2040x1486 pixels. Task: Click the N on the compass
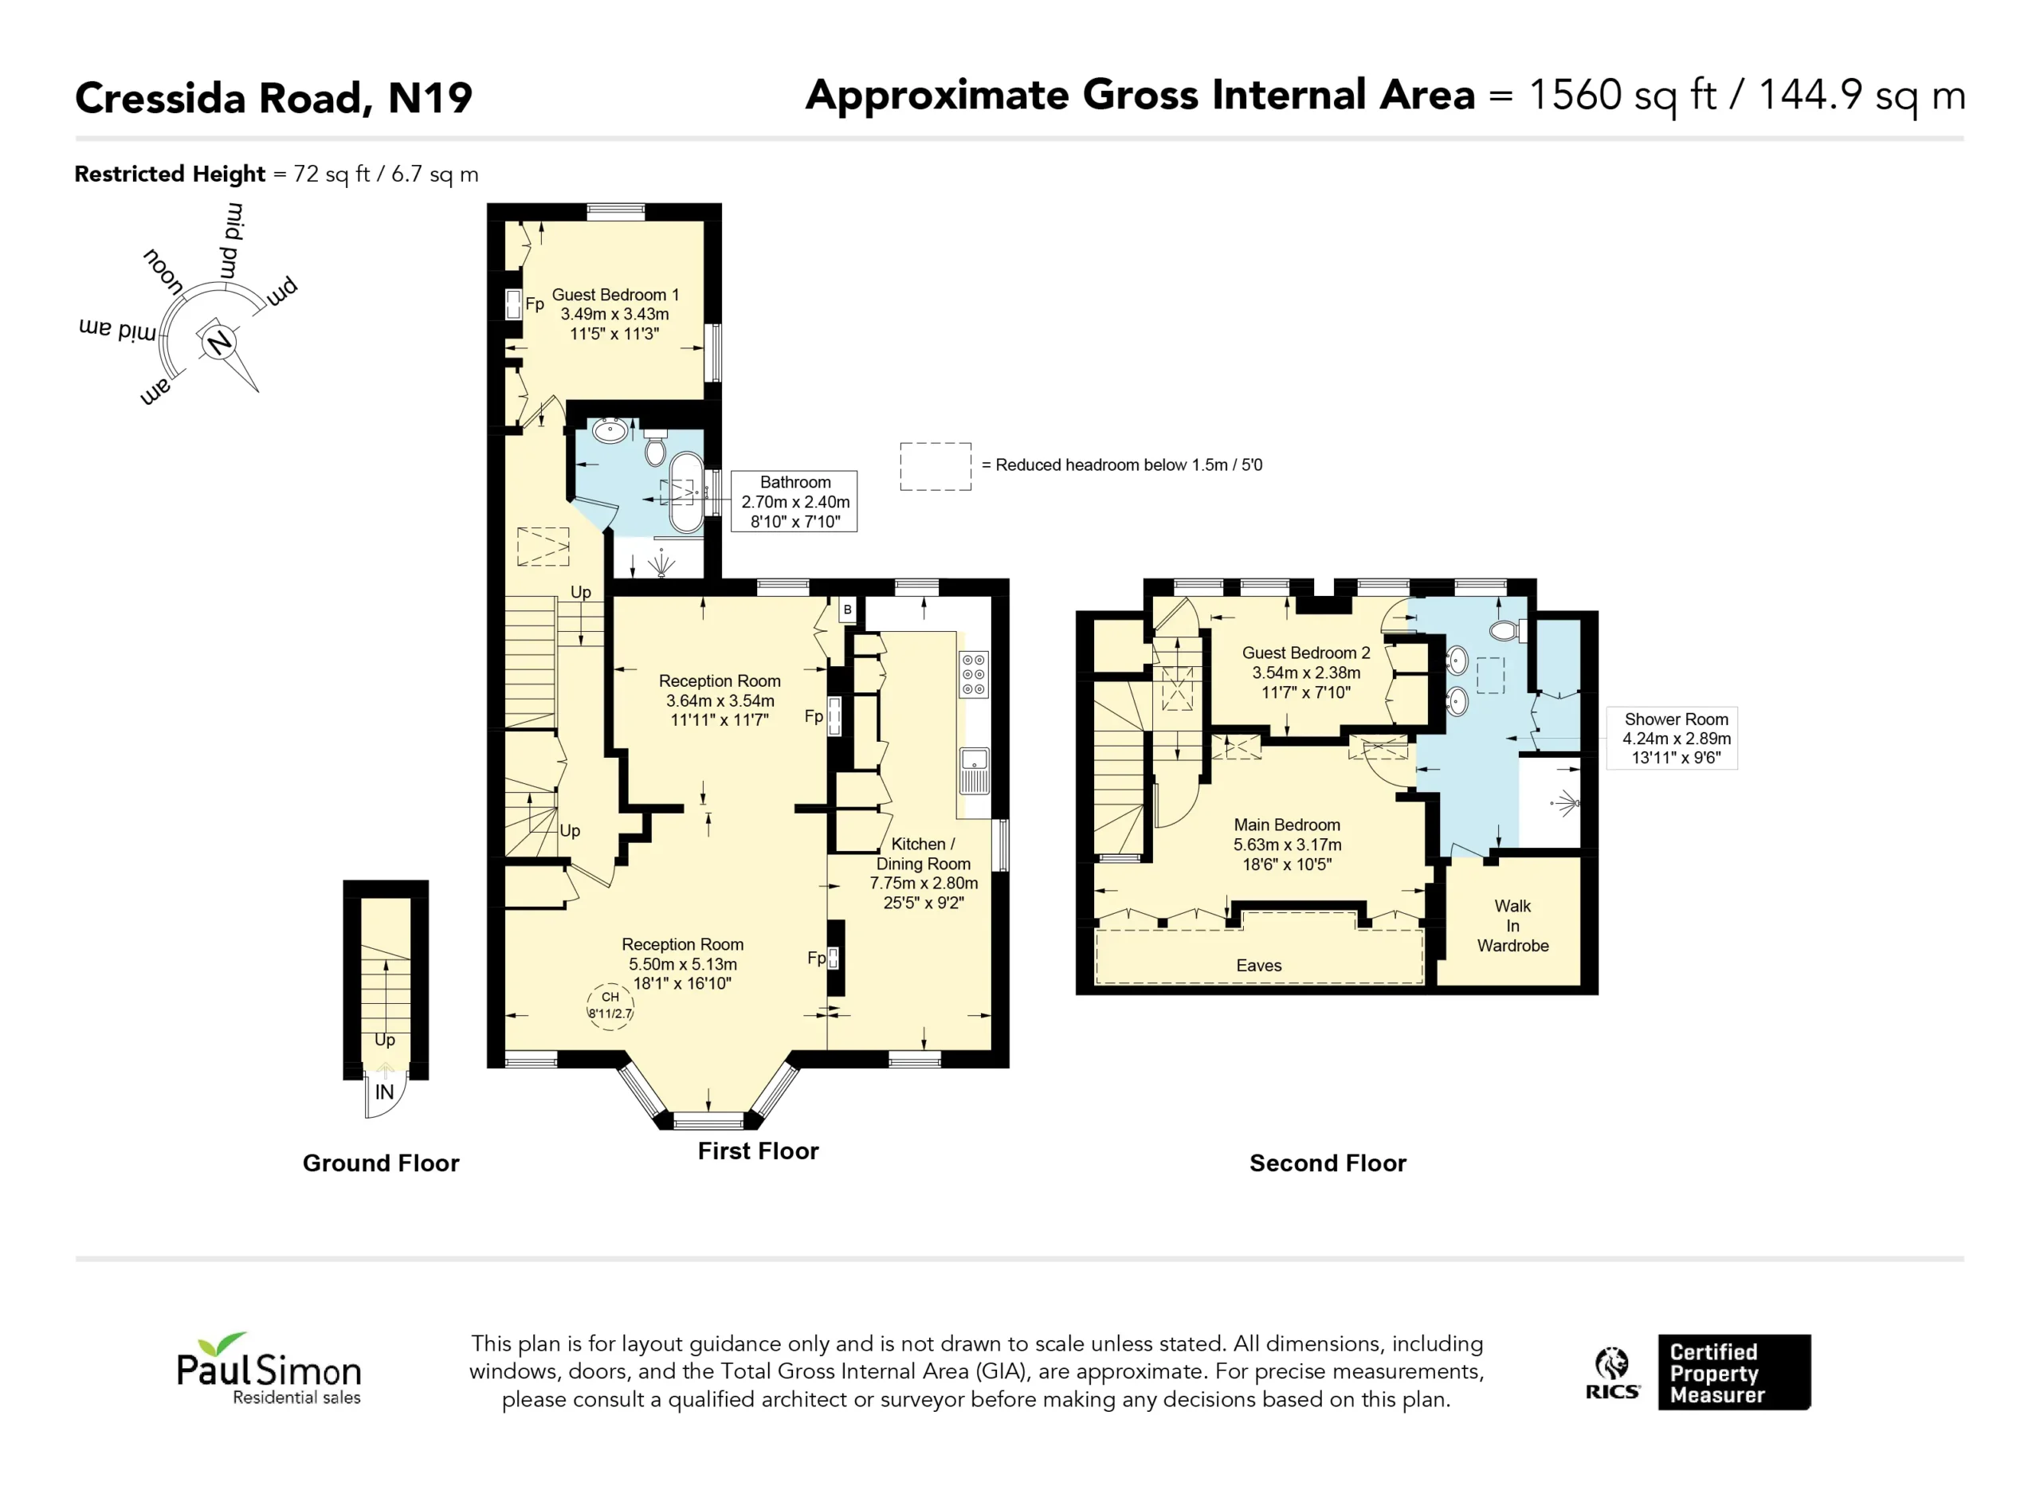click(218, 343)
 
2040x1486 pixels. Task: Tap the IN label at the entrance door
click(384, 1092)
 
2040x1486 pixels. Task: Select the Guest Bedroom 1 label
click(615, 295)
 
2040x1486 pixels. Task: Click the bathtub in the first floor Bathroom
click(686, 494)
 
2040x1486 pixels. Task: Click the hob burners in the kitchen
click(973, 674)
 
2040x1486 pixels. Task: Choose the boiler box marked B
click(847, 609)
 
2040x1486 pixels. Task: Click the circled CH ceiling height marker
click(610, 1006)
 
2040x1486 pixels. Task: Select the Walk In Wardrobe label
click(1513, 926)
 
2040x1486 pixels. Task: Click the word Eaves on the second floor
click(1258, 965)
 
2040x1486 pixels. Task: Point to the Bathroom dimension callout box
click(794, 501)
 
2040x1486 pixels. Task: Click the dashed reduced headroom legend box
click(936, 466)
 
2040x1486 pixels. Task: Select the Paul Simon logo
click(269, 1368)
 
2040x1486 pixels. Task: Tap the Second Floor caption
click(1328, 1163)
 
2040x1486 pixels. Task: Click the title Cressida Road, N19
click(273, 97)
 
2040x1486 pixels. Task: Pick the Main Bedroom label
click(1287, 825)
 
